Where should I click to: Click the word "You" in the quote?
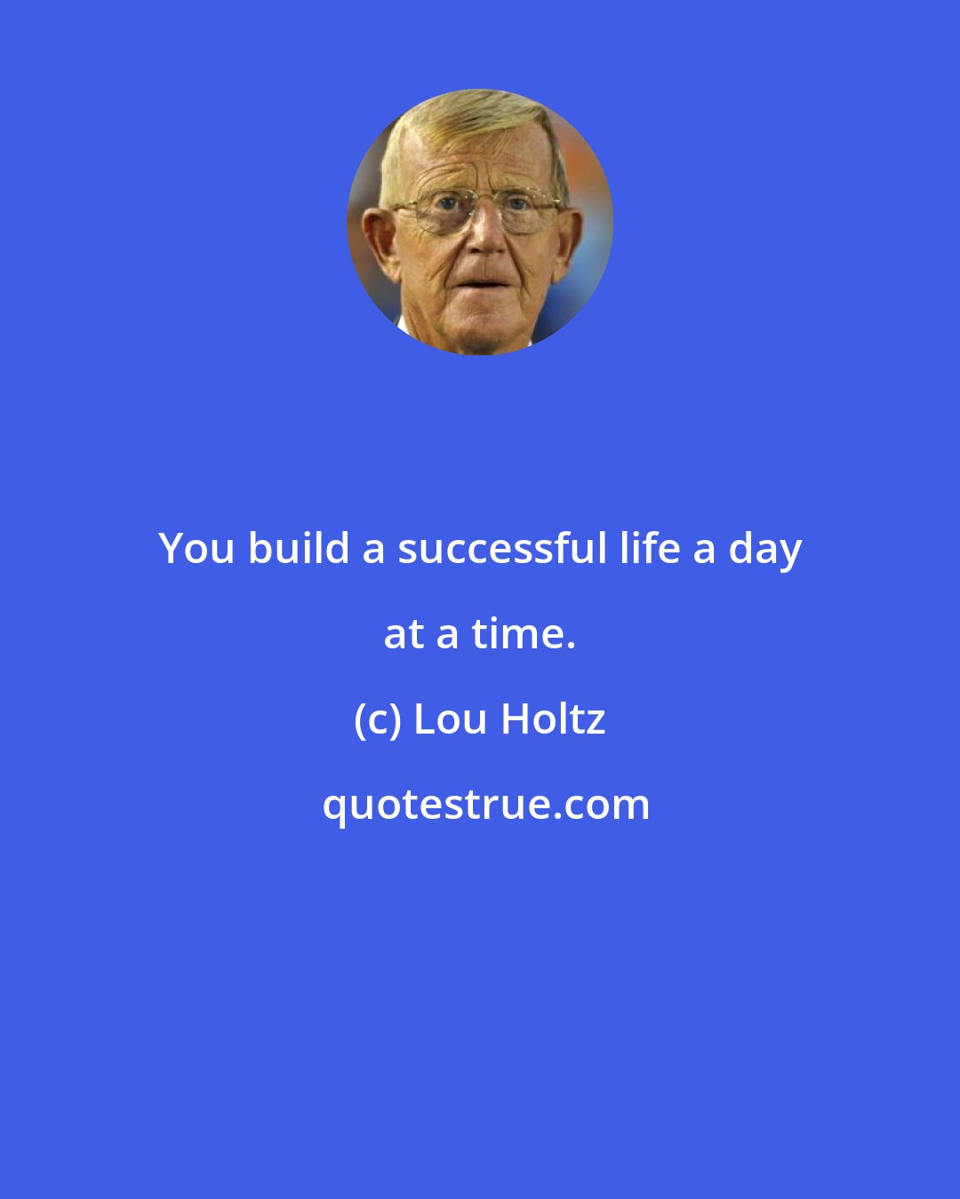[x=196, y=549]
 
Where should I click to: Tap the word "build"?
[x=299, y=548]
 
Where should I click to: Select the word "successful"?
[x=502, y=548]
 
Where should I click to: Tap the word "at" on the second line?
[x=404, y=635]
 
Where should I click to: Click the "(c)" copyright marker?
[x=377, y=719]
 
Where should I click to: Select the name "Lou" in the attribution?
[x=451, y=719]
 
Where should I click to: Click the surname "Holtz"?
[x=553, y=719]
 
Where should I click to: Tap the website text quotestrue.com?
[x=485, y=805]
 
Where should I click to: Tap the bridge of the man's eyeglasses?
[x=481, y=206]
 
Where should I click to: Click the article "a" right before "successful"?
[x=373, y=550]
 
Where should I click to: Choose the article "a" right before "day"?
[x=704, y=550]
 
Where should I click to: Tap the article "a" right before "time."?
[x=447, y=635]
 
